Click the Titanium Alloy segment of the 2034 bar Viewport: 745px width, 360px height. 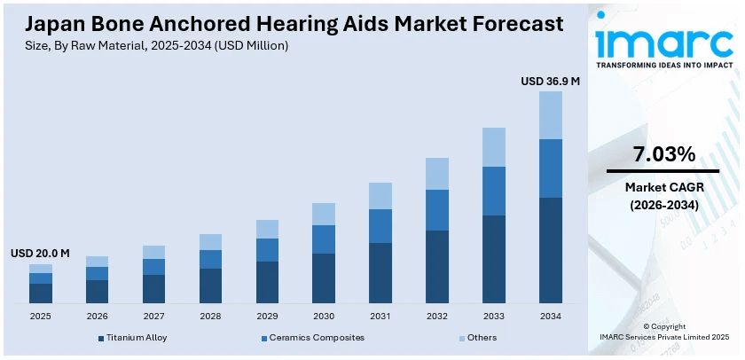pos(551,250)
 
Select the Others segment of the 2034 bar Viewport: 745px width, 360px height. pos(551,115)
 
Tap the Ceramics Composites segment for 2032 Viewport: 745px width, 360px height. pos(437,210)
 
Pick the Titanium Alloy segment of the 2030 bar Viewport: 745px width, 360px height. pos(324,278)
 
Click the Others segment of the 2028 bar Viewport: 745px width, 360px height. pos(210,242)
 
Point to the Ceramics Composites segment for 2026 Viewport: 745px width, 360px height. pos(97,273)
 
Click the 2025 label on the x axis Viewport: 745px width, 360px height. pos(40,316)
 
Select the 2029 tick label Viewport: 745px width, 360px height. pos(267,316)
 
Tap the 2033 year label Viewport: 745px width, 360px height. pos(494,316)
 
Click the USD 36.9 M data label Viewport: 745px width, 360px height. pos(550,81)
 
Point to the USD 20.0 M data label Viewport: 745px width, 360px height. pos(40,254)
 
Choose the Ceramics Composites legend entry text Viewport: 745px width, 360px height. pos(316,338)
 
